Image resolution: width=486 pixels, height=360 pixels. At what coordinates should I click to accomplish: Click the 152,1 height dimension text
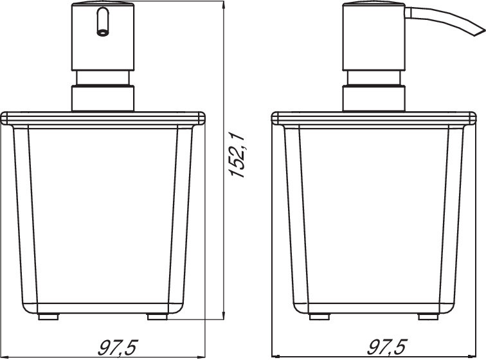pos(237,154)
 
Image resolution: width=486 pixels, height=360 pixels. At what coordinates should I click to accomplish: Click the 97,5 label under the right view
pos(387,347)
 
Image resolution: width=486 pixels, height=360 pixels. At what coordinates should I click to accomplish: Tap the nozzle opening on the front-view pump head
pos(103,32)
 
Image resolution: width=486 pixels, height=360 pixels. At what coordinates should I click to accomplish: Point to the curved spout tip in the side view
pos(479,32)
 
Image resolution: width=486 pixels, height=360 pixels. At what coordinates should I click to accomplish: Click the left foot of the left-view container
pos(48,317)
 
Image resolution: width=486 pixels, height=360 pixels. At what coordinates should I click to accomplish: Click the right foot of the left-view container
pos(157,317)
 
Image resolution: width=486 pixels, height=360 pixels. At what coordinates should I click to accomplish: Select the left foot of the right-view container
pos(319,317)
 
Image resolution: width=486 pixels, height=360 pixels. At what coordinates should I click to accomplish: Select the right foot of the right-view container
pos(428,317)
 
